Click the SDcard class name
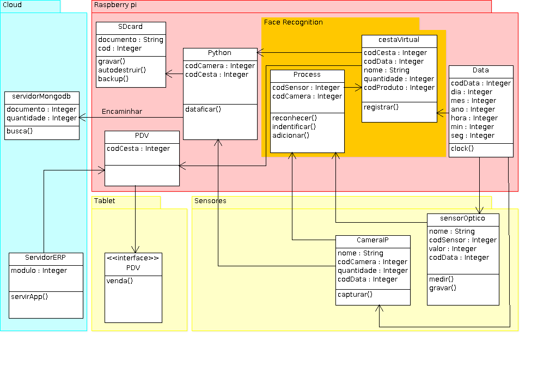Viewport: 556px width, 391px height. [x=131, y=27]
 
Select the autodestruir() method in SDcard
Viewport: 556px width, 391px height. [x=122, y=70]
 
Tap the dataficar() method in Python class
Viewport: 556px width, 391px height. [x=203, y=109]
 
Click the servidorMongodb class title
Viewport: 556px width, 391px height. [x=42, y=96]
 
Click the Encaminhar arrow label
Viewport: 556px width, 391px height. [x=122, y=112]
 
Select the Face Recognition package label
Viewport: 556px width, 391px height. [x=293, y=22]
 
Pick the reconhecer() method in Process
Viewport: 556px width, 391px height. [x=295, y=118]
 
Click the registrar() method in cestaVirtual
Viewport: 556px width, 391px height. [x=381, y=107]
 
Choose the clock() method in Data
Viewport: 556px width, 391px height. [x=462, y=149]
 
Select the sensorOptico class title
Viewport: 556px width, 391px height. [x=463, y=218]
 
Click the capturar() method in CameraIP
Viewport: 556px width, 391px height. [x=355, y=295]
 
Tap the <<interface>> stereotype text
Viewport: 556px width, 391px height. [x=133, y=258]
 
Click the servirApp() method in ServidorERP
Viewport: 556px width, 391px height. [x=29, y=297]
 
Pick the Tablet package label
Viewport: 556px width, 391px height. [x=105, y=201]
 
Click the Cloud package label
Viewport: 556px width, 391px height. [x=13, y=5]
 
